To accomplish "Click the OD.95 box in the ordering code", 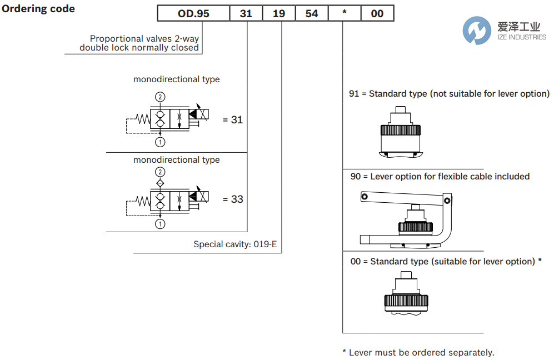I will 193,13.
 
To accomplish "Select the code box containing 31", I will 246,13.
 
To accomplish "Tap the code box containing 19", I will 279,13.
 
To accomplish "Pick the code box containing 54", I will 312,13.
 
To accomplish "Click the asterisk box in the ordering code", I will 345,13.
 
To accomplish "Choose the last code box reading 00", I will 377,13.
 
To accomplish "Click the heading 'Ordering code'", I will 38,9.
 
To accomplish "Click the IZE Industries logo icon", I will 476,30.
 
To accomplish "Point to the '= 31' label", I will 232,119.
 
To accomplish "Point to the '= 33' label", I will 232,199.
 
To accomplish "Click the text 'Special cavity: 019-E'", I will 235,244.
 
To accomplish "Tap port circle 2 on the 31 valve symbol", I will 160,97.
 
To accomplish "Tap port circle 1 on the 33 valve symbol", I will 160,224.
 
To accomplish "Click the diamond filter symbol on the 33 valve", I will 160,183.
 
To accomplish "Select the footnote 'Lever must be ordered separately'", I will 418,352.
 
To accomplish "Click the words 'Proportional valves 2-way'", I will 144,39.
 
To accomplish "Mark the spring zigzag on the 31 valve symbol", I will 143,118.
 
